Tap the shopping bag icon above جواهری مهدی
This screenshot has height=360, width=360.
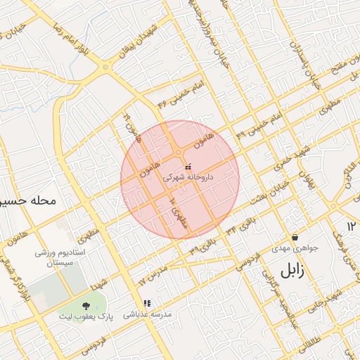294,237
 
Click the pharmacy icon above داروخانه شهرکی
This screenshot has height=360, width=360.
187,167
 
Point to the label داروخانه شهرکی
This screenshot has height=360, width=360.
187,178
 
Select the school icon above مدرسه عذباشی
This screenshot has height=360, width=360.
146,304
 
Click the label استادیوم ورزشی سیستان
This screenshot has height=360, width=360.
60,258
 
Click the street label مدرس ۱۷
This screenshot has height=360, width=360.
153,276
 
